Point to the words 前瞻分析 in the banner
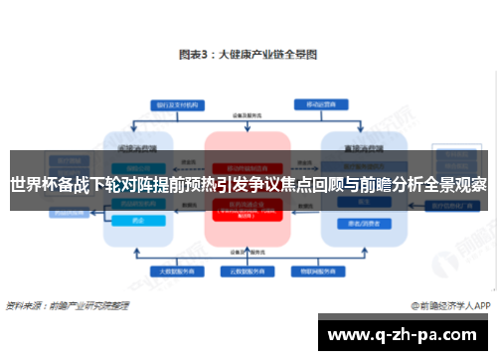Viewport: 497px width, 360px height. pyautogui.click(x=381, y=185)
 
